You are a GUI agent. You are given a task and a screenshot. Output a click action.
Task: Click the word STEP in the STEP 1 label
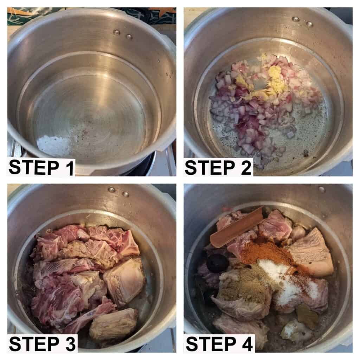[34, 167]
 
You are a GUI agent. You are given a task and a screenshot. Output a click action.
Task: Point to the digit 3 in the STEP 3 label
[69, 344]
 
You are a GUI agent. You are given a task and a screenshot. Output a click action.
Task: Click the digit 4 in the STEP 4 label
[246, 344]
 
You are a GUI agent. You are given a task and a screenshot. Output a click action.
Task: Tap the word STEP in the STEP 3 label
[34, 344]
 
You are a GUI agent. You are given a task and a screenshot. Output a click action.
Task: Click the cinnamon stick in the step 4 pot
[237, 226]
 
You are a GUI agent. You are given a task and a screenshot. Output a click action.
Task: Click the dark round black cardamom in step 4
[217, 261]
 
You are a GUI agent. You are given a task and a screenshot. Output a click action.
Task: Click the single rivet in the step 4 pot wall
[321, 189]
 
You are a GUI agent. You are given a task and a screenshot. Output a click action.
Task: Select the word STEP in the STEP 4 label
[211, 344]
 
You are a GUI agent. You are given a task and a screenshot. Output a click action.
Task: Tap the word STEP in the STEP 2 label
[210, 167]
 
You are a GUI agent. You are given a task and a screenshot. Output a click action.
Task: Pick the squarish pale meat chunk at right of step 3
[124, 281]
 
